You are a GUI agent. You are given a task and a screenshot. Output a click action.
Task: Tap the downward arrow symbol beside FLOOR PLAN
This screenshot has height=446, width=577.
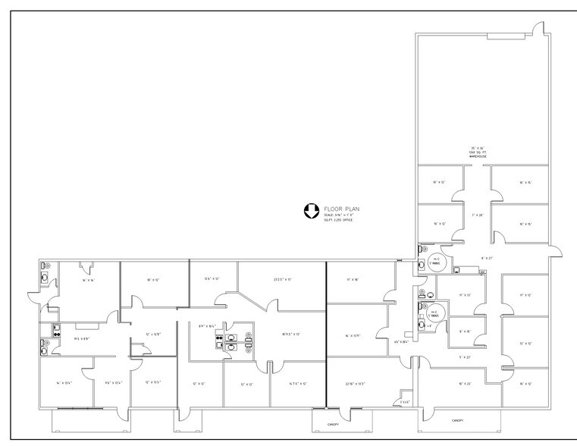310,212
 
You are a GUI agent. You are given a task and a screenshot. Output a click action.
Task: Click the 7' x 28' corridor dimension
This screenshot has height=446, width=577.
478,215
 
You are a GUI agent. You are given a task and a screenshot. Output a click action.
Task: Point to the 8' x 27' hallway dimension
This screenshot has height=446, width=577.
487,258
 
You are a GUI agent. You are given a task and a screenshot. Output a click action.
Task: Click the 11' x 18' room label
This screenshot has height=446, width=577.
352,280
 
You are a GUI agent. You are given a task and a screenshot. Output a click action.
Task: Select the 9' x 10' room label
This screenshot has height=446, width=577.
466,331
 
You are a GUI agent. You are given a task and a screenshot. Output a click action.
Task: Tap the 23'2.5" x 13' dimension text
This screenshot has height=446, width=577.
283,280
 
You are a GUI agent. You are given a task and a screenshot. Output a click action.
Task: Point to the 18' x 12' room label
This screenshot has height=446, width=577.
154,280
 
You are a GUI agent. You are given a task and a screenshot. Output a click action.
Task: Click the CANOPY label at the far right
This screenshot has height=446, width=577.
457,419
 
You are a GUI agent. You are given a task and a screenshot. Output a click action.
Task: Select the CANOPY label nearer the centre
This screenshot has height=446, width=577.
333,424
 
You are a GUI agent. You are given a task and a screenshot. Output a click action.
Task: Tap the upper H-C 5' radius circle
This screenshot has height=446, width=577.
435,262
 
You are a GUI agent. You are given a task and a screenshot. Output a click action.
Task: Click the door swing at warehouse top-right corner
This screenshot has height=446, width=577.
538,30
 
